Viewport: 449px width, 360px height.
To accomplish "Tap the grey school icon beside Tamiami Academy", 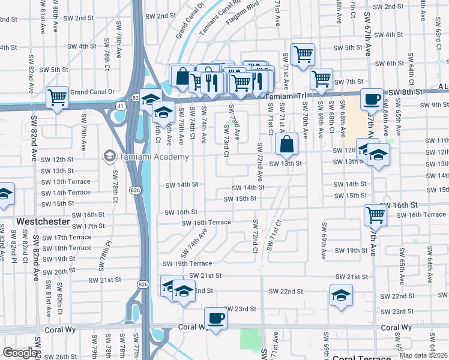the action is coord(109,157).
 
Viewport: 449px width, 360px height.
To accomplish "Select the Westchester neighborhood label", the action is coord(43,221).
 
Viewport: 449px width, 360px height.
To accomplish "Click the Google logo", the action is coord(20,353).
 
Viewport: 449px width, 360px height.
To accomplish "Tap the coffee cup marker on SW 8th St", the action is coord(372,99).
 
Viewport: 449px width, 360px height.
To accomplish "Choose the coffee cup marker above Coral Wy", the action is coord(215,318).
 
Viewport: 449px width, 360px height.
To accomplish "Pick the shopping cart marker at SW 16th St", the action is coord(375,214).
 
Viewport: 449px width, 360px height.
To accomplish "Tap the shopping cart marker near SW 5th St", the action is coord(303,55).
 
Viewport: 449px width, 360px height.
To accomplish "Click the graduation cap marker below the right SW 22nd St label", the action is coord(341,296).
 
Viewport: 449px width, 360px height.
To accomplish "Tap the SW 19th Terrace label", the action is coord(187,263).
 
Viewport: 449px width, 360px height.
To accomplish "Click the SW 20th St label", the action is coord(56,272).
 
